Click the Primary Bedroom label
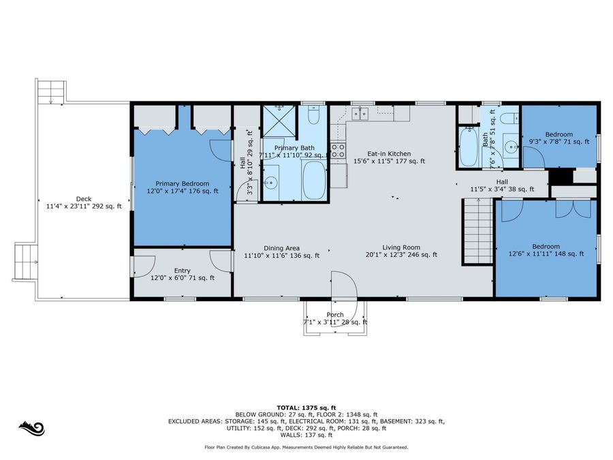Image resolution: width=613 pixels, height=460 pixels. coord(182,183)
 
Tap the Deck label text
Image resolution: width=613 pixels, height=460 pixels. coord(84,199)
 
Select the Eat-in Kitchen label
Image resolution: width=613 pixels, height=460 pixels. coord(389,154)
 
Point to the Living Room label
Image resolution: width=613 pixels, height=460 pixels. coord(401,247)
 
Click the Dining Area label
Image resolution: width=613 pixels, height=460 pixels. coord(281,248)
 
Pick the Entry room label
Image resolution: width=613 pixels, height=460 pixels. coord(182,271)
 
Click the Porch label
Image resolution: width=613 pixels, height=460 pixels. coord(335,314)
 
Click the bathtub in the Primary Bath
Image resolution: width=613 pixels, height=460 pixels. coord(314,181)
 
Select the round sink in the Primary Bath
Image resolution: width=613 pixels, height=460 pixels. coord(270,182)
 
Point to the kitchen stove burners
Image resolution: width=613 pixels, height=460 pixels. coord(338,151)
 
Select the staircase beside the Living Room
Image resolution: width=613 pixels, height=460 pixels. coord(477,231)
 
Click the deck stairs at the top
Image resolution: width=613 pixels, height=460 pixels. coord(51,92)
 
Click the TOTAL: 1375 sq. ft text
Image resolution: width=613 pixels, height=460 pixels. coord(306,408)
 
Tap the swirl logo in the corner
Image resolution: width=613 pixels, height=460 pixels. coord(31,429)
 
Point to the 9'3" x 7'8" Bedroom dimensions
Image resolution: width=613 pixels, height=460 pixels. coord(559,142)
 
